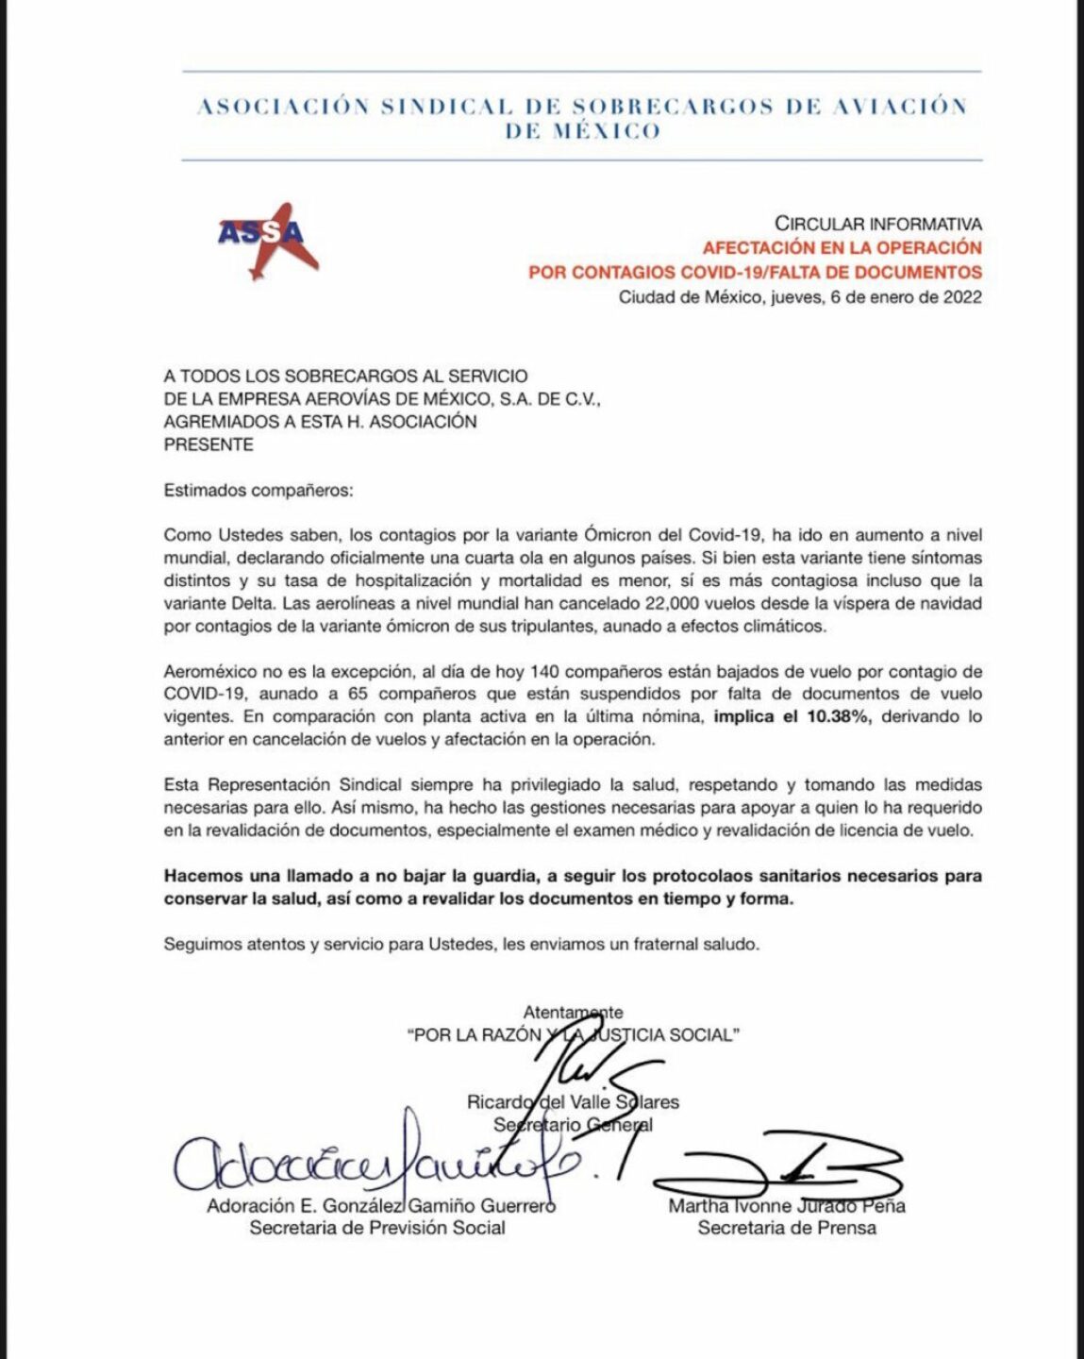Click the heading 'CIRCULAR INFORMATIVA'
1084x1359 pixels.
(877, 225)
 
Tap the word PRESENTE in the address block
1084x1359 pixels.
(208, 445)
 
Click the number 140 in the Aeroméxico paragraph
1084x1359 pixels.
(548, 672)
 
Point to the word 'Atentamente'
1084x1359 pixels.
(573, 1013)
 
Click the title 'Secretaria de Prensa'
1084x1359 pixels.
(787, 1228)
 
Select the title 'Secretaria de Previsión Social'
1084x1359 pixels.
(377, 1228)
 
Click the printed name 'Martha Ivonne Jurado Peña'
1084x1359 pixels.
(787, 1205)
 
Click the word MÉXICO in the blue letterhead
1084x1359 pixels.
(582, 131)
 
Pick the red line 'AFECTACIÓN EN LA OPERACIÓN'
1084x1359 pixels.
(842, 248)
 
